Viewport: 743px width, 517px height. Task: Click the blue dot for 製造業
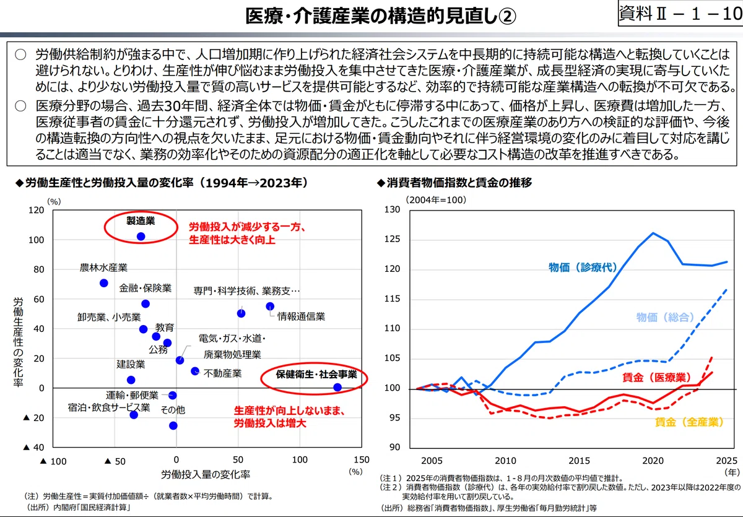click(x=141, y=237)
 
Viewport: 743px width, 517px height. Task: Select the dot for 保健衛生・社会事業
click(x=337, y=387)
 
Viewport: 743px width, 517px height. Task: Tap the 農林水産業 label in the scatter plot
click(x=103, y=267)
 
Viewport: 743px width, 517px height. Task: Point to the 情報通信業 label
click(x=301, y=316)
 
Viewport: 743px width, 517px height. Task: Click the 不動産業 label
click(x=222, y=373)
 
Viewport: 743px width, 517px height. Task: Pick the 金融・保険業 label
click(x=146, y=288)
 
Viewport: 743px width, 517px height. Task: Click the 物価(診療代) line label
click(x=583, y=267)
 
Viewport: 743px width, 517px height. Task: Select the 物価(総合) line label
click(x=665, y=318)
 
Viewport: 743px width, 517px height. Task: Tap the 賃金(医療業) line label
click(x=656, y=378)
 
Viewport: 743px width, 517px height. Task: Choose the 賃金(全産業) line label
click(x=689, y=422)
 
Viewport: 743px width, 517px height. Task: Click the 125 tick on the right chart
click(x=392, y=239)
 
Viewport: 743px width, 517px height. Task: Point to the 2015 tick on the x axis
click(x=579, y=461)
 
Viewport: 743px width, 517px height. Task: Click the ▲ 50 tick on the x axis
click(x=115, y=461)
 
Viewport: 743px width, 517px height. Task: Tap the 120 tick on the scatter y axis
click(x=36, y=210)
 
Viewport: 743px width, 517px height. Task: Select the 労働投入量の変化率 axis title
click(x=206, y=474)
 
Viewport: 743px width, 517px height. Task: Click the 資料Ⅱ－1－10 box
click(x=680, y=13)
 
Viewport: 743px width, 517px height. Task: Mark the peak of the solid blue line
click(x=653, y=233)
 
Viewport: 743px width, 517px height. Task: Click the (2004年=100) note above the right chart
click(x=436, y=200)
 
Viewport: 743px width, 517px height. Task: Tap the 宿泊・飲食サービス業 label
click(x=109, y=407)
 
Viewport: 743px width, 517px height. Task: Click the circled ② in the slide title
click(x=507, y=16)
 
